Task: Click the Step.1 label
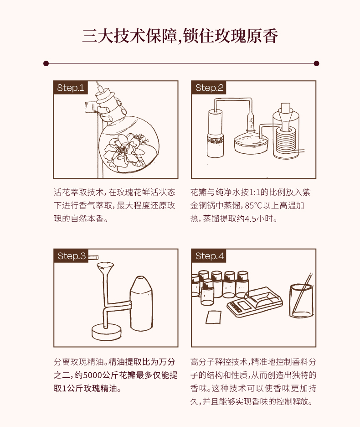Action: pos(71,88)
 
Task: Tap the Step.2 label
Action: pos(209,88)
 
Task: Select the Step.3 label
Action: pos(71,256)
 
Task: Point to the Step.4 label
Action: pos(209,256)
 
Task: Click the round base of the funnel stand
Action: pos(107,332)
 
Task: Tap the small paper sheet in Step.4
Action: pos(213,317)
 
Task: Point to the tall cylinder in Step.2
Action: pos(216,133)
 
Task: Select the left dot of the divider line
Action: pos(46,63)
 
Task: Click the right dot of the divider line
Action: pos(316,63)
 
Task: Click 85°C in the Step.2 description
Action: pos(253,205)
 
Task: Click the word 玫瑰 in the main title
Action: pos(230,36)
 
